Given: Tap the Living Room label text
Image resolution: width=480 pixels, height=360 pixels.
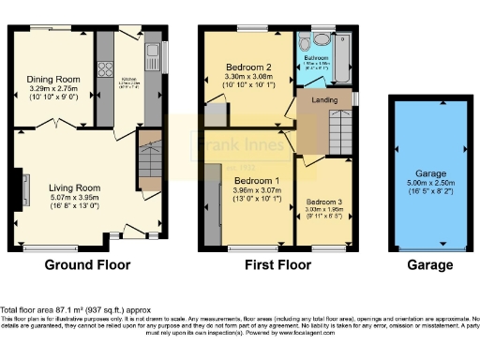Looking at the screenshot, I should (x=74, y=187).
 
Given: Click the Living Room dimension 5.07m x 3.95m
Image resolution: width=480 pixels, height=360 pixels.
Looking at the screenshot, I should (x=74, y=198).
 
